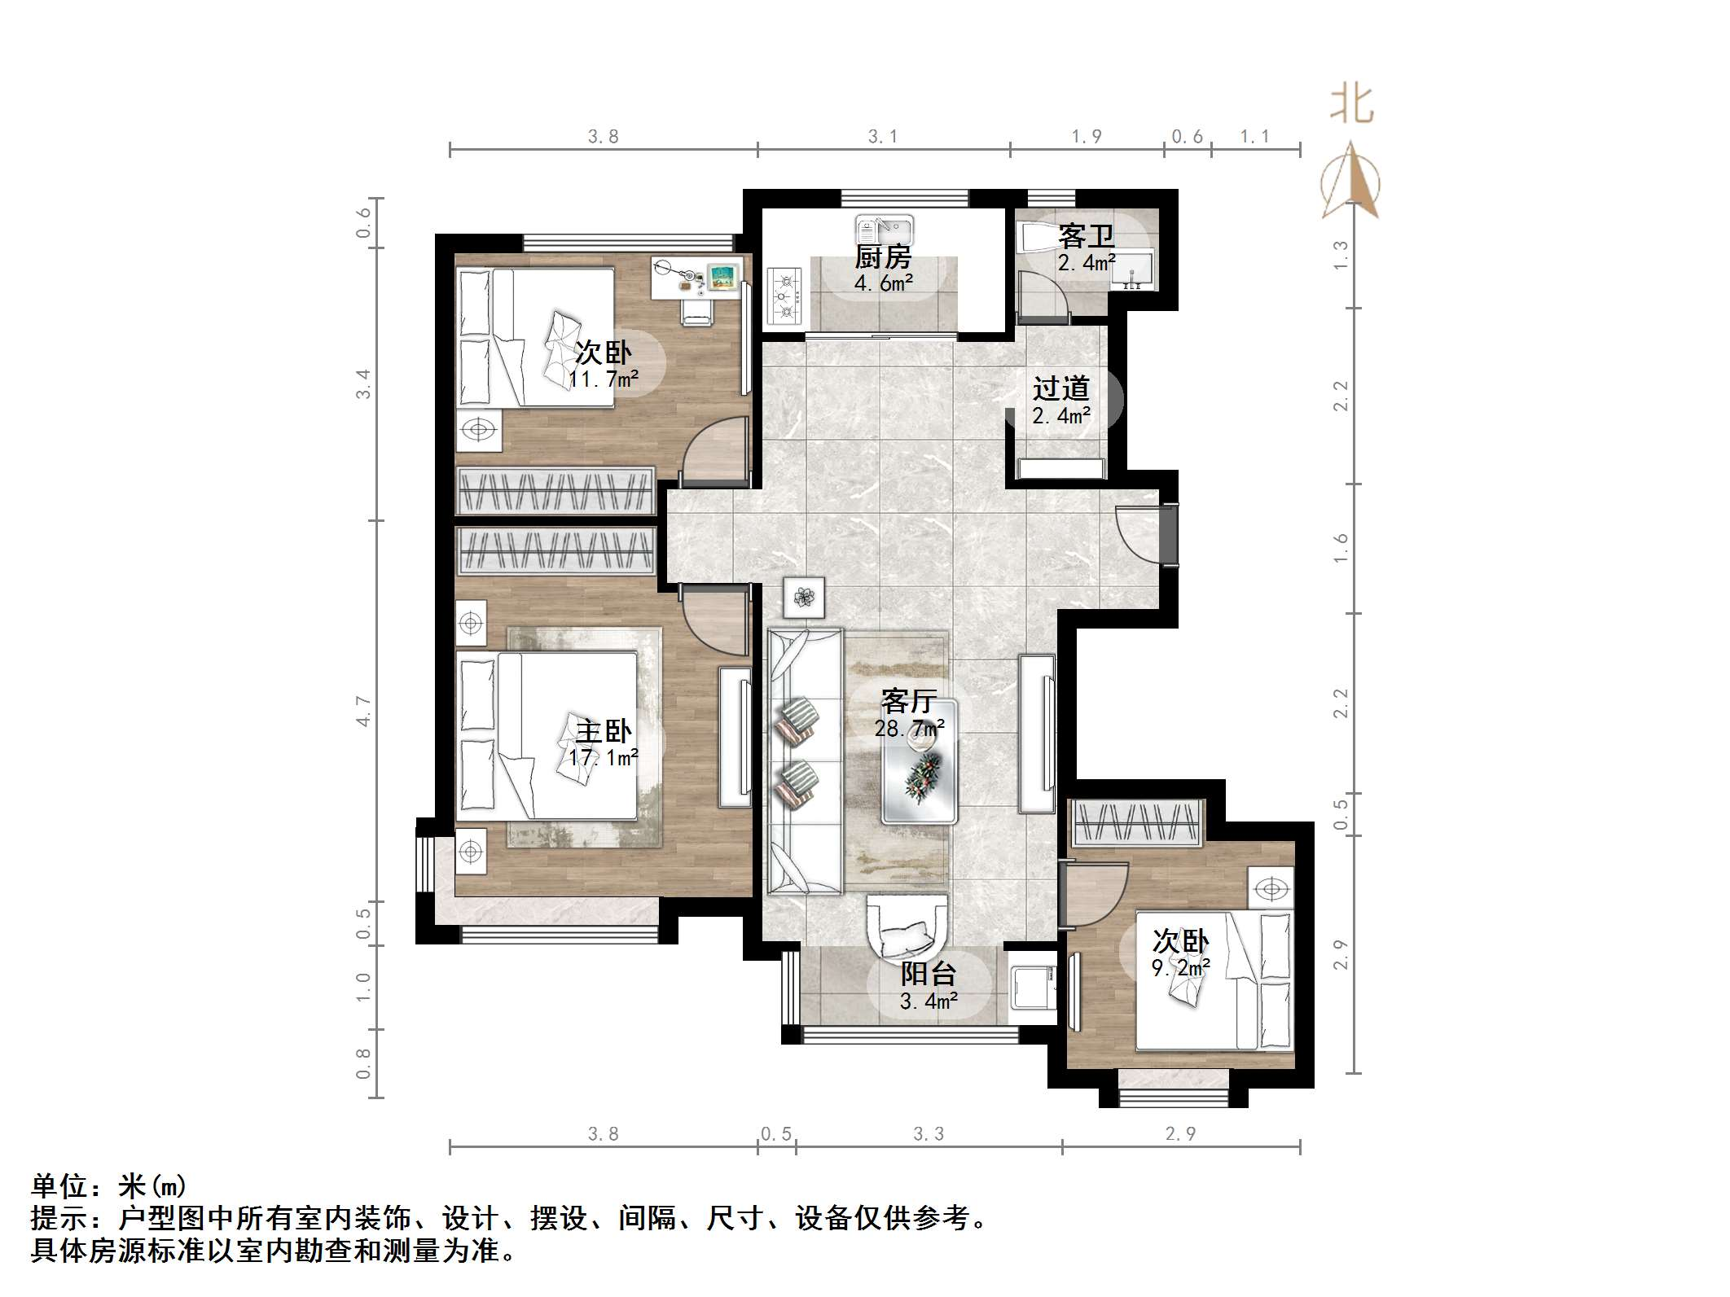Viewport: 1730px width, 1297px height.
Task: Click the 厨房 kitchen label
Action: pos(883,257)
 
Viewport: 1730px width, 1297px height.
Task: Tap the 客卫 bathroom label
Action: pos(1086,237)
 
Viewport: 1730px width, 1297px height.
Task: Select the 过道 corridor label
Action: pos(1060,388)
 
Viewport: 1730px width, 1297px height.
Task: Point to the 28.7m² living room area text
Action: pos(909,728)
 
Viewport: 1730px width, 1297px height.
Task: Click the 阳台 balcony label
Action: pos(928,974)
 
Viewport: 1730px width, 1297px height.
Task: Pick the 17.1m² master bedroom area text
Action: pos(603,757)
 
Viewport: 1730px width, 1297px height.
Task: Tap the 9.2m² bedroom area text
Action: pos(1180,967)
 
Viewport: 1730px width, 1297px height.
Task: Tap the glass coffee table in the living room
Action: pos(920,762)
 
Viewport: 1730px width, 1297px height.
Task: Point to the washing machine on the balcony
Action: pos(1032,988)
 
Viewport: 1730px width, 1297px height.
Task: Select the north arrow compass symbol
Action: pos(1350,182)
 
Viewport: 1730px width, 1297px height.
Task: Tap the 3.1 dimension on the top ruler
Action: pos(882,137)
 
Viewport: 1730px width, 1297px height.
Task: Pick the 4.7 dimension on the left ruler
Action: pos(363,712)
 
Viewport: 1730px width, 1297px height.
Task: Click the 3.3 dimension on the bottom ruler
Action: pos(928,1134)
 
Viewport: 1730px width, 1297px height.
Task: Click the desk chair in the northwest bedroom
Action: pos(697,311)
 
